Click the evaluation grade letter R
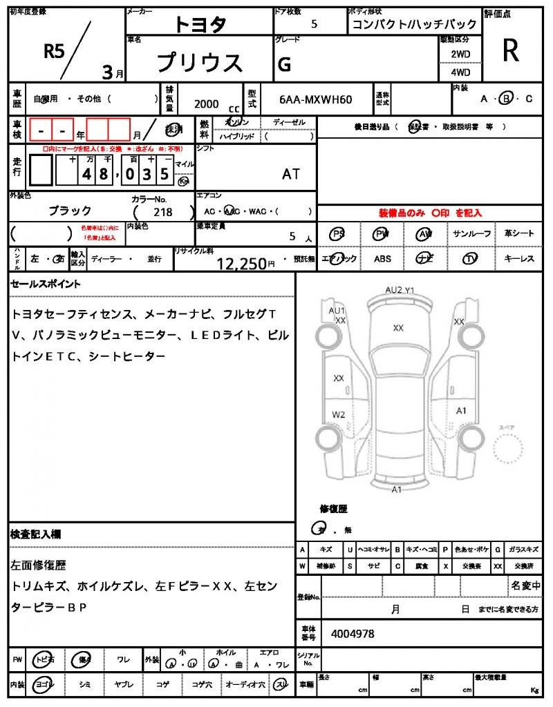click(x=510, y=50)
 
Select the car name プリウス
click(x=200, y=63)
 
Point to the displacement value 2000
click(x=207, y=104)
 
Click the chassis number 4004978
click(x=353, y=633)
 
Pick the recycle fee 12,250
click(x=241, y=263)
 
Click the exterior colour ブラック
click(x=70, y=211)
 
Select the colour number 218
click(x=164, y=213)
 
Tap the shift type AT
click(x=291, y=174)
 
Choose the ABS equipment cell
click(x=382, y=259)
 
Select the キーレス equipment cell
click(x=519, y=259)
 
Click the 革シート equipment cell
click(x=519, y=234)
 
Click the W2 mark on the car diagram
click(x=338, y=414)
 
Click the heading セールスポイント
click(x=46, y=284)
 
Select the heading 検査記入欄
click(x=35, y=534)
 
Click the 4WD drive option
click(x=460, y=72)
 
